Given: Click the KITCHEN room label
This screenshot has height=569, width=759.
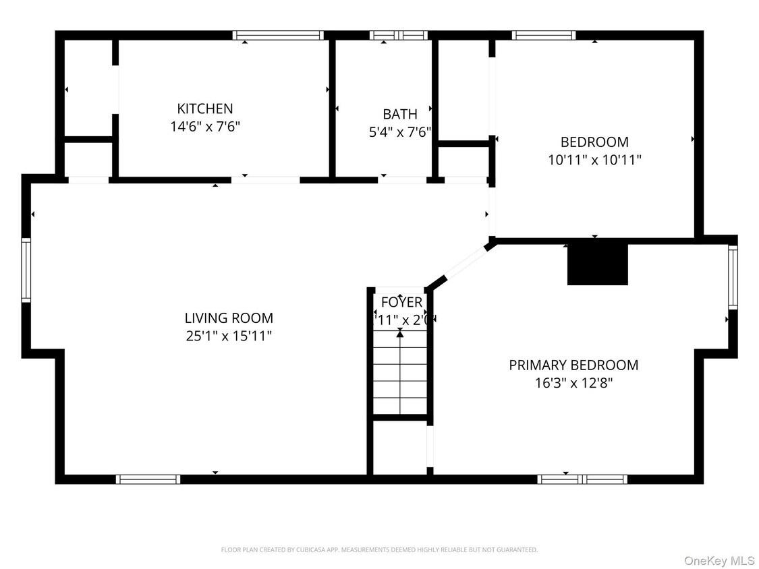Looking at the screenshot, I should pos(205,109).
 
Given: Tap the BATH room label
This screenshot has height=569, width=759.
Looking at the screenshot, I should pos(400,114).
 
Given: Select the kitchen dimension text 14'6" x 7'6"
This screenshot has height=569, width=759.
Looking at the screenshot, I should pos(205,127).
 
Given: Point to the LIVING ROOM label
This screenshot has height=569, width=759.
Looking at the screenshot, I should pos(229,318).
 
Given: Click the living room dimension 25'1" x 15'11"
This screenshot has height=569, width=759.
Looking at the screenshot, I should pos(229,336).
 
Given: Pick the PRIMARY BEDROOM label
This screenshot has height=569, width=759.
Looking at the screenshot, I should pos(573,365).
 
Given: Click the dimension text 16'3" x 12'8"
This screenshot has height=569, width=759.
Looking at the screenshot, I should pos(573,383).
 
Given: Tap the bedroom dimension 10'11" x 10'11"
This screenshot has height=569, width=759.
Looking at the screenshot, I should pos(594,160).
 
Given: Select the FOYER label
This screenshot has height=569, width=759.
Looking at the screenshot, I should pos(401,302).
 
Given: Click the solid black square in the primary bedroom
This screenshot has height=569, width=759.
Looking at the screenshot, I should pos(597,264).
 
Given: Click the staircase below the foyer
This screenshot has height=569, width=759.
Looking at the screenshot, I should pos(401,374).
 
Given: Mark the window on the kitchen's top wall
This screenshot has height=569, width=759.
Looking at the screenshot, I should pos(278,35).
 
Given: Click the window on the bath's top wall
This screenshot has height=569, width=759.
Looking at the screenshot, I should pos(399,35).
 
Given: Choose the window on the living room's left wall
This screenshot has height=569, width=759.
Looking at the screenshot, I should pos(26,270).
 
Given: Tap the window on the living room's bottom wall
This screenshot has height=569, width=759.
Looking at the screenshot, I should pos(148,479).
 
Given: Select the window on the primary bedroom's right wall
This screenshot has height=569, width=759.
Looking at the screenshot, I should pos(733,277).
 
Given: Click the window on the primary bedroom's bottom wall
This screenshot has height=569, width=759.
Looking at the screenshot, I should pos(582,479).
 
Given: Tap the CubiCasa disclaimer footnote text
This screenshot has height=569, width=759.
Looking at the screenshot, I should pos(379,550).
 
